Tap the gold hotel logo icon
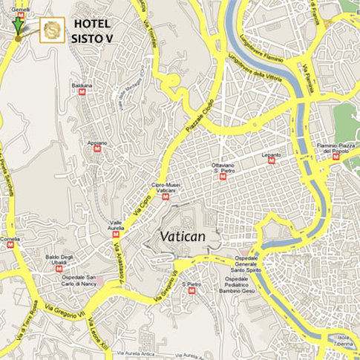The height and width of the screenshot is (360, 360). (52, 30)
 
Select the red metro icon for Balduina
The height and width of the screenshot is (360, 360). (82, 92)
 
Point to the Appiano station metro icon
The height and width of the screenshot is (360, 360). (97, 148)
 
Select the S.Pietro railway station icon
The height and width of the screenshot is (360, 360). (192, 290)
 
